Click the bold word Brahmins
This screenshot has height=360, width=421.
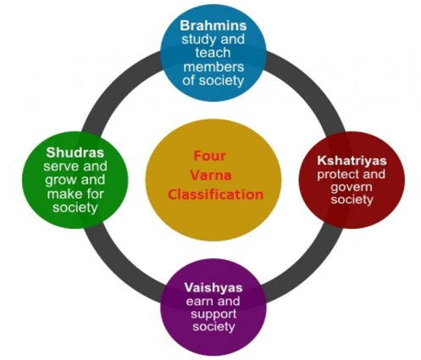(213, 25)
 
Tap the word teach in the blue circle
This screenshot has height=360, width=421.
(213, 53)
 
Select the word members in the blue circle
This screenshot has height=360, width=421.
(213, 67)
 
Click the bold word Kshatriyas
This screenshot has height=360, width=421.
(352, 160)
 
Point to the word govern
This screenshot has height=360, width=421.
(352, 187)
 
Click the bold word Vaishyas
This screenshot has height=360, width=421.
(213, 287)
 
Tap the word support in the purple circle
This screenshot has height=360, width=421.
(213, 314)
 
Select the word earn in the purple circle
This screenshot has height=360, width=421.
(199, 301)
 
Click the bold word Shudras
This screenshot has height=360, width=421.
(75, 152)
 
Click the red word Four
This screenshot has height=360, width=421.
(210, 156)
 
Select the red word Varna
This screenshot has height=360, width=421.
(211, 175)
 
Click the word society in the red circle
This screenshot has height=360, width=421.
(352, 200)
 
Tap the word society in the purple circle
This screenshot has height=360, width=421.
(213, 327)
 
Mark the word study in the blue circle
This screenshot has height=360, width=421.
(197, 40)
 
